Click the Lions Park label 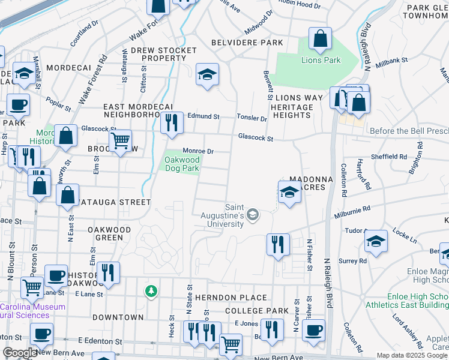321,60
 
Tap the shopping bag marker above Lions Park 321,39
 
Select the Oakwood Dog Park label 181,164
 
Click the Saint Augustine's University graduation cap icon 253,214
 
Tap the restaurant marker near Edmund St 172,124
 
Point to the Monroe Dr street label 198,151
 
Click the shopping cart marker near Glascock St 121,142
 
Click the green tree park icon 151,292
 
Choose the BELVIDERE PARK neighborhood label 247,43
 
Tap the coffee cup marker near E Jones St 313,330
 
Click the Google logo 19,353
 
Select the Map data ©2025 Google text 412,355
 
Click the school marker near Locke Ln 376,242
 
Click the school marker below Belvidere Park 207,75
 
